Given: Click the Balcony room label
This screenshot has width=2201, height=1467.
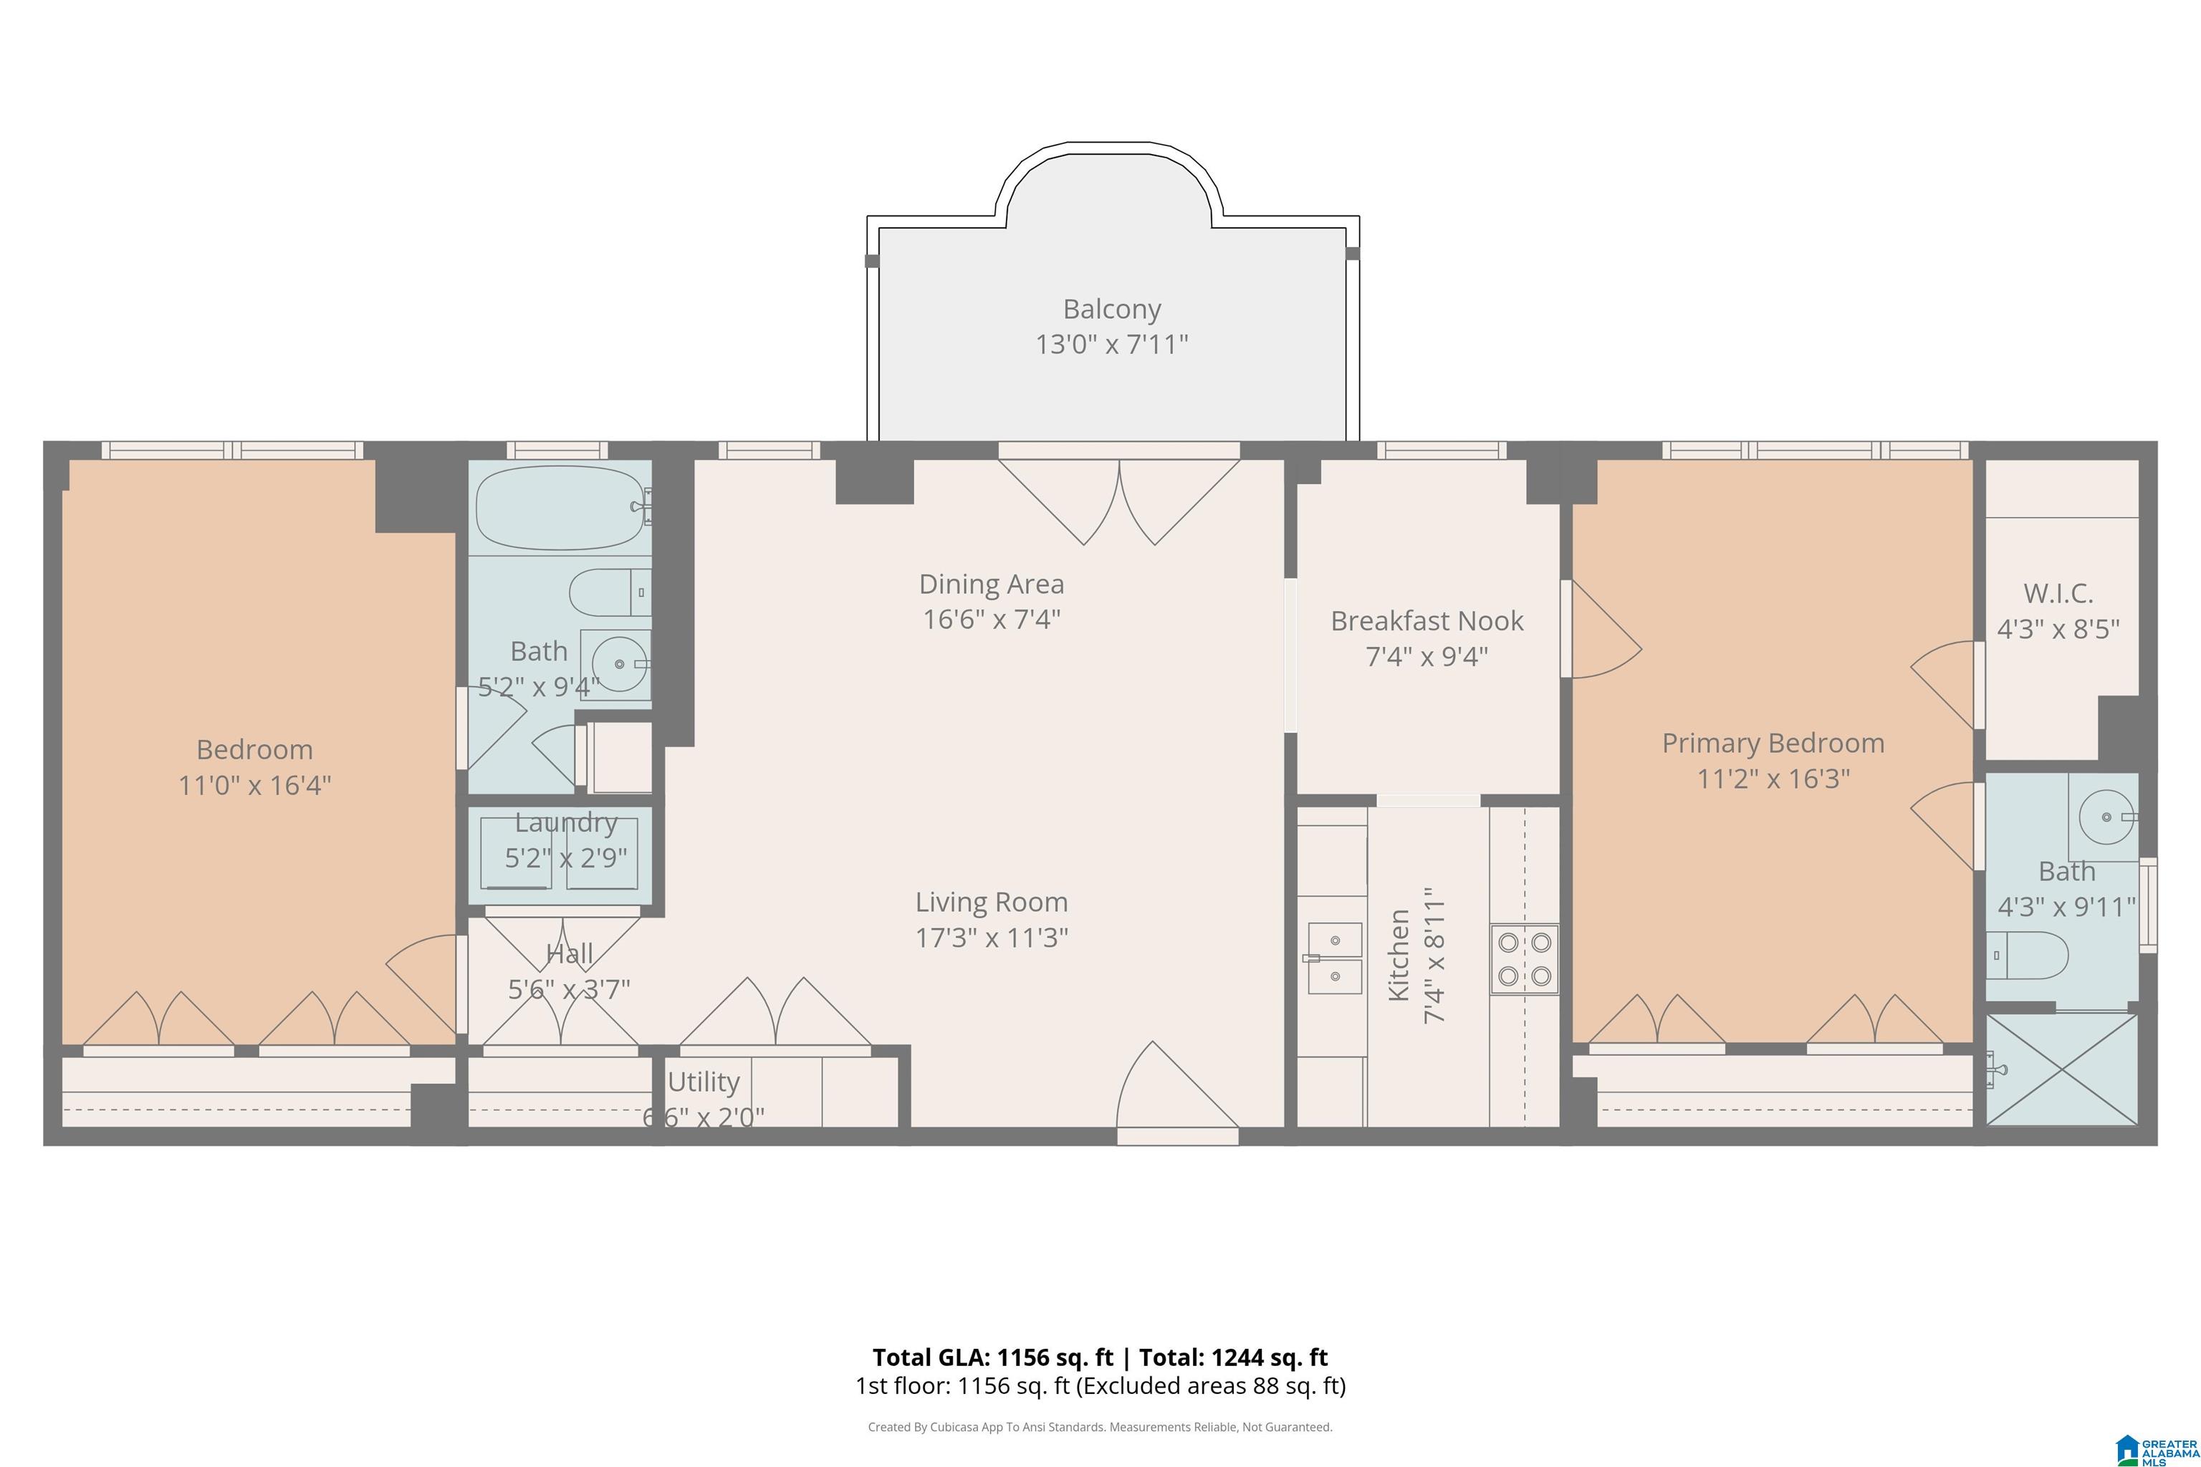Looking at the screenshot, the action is point(1112,309).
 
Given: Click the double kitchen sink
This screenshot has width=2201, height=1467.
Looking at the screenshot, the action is point(1335,958).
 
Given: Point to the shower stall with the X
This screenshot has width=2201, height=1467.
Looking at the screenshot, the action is point(2061,1069).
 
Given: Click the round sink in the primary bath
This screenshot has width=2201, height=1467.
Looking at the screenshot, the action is point(2106,817).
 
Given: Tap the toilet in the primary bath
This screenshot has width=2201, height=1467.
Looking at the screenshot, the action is point(2026,954).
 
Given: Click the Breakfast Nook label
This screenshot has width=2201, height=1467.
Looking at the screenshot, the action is point(1427,621).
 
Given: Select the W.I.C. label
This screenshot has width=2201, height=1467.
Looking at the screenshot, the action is point(2058,593).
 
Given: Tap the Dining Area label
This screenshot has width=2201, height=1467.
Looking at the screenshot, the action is point(992,584).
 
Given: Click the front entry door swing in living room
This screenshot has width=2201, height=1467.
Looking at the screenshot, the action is point(1178,1085).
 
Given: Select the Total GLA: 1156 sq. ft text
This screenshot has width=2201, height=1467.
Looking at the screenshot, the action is point(993,1357).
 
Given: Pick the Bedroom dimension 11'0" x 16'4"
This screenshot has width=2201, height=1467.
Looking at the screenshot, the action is point(254,785).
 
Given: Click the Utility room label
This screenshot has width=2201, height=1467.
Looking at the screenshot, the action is point(704,1082).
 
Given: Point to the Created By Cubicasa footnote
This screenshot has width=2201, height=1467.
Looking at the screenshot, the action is point(1100,1427).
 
